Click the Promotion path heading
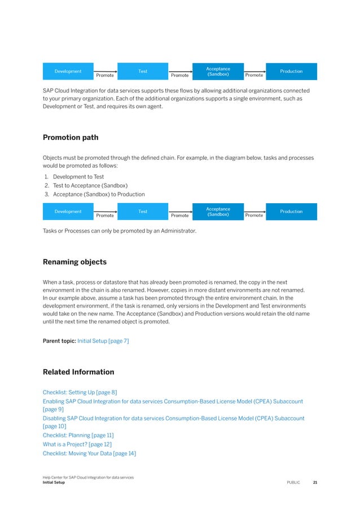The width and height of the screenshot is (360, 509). point(70,137)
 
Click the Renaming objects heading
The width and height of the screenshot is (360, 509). point(74,262)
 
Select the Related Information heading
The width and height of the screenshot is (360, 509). point(78,372)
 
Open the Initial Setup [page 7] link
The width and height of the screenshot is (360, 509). point(103,341)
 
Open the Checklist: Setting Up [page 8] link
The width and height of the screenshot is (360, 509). point(80,392)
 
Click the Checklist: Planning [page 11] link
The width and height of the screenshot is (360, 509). point(78,435)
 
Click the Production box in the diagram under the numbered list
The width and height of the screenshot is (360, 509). point(291,212)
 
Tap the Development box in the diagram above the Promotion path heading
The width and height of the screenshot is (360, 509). point(68,71)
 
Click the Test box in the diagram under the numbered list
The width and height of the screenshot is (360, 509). point(143,212)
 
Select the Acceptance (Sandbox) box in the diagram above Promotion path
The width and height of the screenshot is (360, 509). point(218,71)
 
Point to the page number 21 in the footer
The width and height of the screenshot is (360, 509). point(315,482)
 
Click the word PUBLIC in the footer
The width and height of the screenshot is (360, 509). point(293,482)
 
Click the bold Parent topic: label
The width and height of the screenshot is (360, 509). point(59,341)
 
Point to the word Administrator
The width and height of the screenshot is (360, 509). point(177,230)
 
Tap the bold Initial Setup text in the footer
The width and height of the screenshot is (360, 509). point(54,482)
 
